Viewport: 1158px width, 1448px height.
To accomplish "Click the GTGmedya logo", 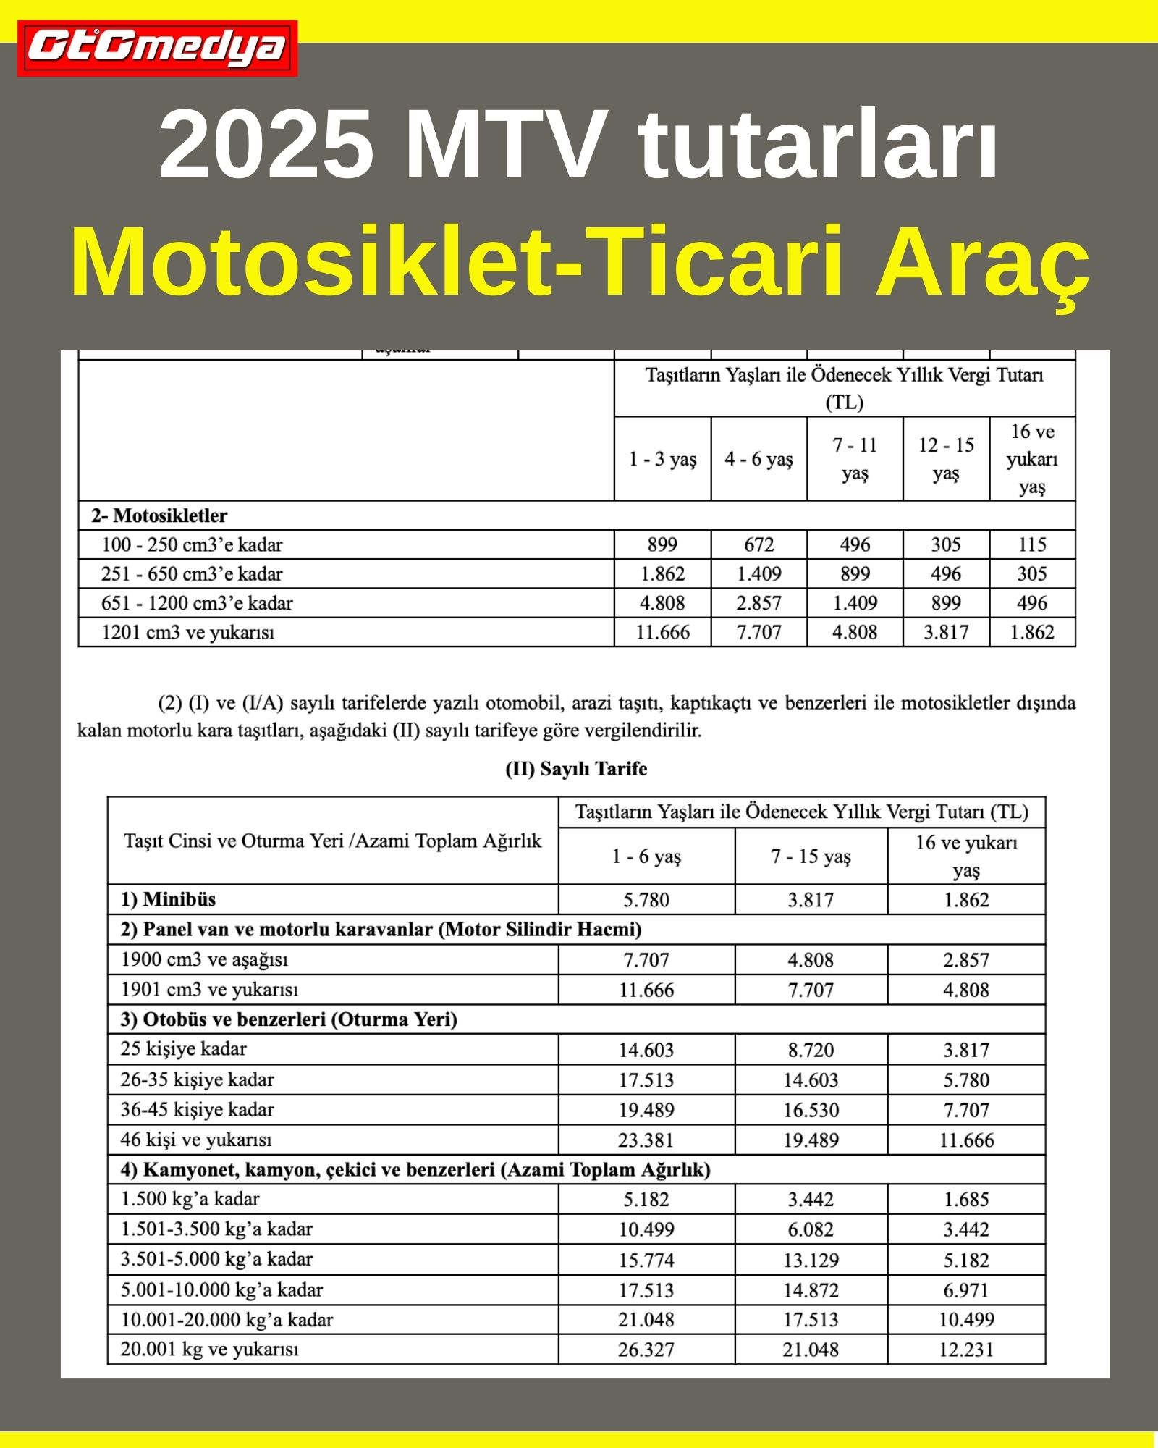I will click(x=157, y=48).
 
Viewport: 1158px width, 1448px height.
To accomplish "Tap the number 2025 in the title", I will click(x=266, y=144).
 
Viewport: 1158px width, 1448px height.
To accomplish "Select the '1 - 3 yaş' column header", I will click(x=662, y=459).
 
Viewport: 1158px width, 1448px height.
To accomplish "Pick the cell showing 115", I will click(x=1032, y=544).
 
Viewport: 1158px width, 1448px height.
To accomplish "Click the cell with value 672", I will click(x=758, y=544).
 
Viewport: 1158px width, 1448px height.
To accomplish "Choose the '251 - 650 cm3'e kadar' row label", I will click(x=192, y=573).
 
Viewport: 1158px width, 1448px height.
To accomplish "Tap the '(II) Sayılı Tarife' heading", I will click(x=576, y=769).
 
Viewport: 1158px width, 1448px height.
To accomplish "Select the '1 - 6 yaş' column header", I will click(x=646, y=856).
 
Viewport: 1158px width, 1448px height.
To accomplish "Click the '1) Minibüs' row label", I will click(x=168, y=899).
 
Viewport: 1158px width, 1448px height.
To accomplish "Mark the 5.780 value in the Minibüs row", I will click(x=646, y=900).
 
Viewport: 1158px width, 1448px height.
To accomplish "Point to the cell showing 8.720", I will click(x=811, y=1050).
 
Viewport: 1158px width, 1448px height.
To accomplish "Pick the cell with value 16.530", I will click(x=811, y=1110).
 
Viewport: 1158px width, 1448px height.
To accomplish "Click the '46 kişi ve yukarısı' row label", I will click(x=196, y=1140).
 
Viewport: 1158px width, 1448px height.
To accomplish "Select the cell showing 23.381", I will click(x=646, y=1140).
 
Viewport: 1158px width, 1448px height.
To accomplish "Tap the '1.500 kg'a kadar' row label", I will click(x=190, y=1199).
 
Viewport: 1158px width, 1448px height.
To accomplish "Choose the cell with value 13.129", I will click(x=811, y=1260).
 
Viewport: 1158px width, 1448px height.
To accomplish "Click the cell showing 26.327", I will click(x=646, y=1350).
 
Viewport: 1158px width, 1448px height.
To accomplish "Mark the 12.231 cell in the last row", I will click(x=966, y=1350).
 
